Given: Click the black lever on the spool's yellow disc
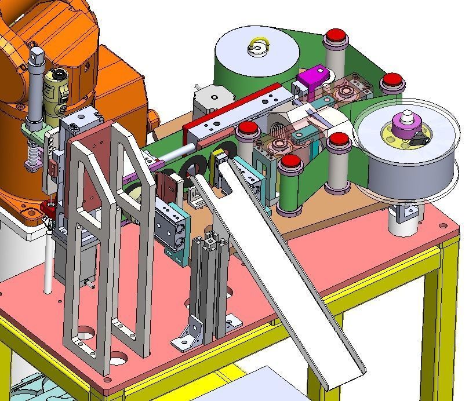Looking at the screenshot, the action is (x=416, y=139).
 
